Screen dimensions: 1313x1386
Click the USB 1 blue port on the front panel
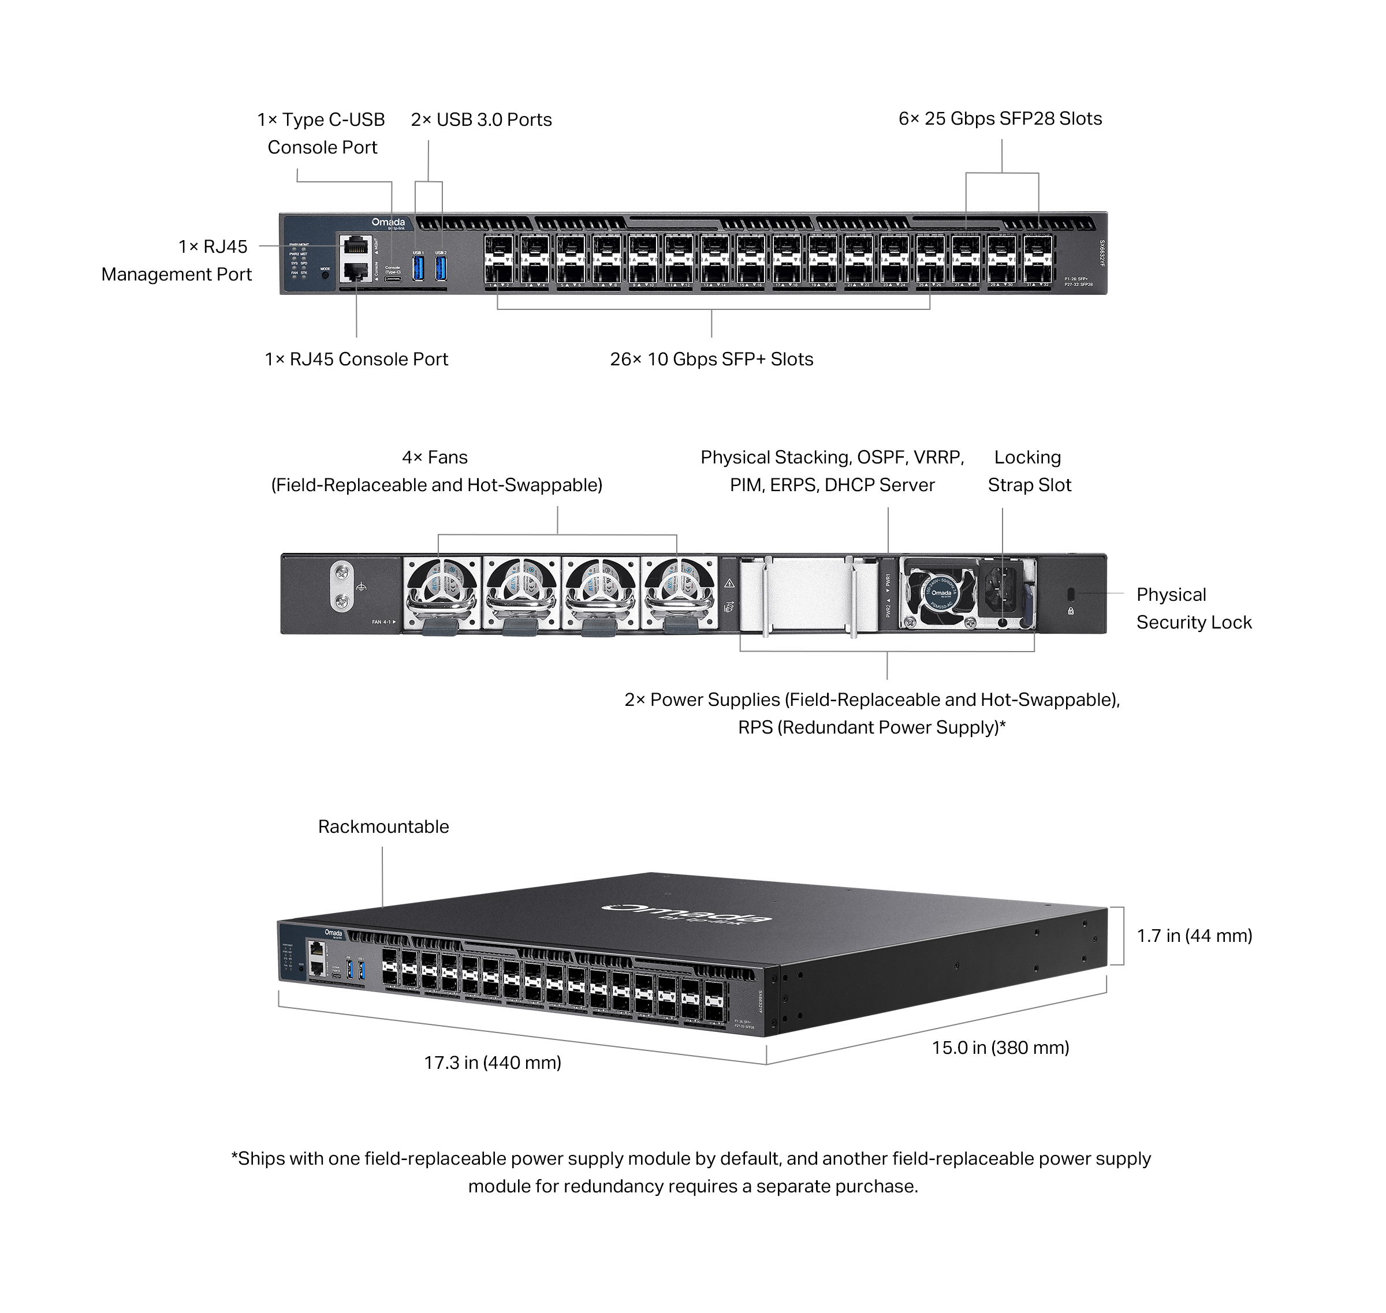point(418,268)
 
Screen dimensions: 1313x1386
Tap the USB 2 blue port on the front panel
point(441,268)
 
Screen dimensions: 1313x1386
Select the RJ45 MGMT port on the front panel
point(355,246)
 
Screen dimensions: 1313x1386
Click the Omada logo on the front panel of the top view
point(388,223)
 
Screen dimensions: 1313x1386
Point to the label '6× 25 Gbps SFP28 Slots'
point(1000,119)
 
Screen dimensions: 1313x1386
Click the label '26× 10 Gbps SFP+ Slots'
point(711,360)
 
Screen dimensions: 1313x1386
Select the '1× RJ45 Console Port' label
point(356,360)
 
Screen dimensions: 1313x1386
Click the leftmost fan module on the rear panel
point(441,593)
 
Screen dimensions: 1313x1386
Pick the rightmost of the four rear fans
point(678,593)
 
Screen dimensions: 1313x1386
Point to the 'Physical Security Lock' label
point(1193,608)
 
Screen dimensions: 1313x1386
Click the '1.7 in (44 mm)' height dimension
point(1194,936)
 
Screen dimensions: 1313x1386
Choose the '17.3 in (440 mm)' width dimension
point(493,1063)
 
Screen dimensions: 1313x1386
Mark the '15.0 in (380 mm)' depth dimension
point(1000,1048)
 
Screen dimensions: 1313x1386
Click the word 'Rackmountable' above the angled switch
point(383,826)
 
